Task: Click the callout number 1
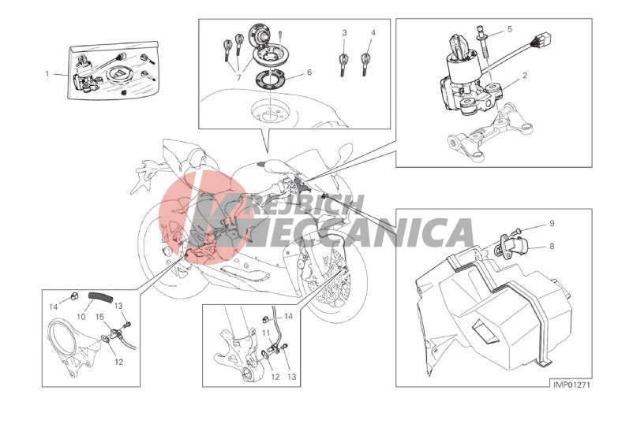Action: [x=47, y=74]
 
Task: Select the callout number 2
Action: [x=524, y=75]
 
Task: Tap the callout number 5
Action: [x=509, y=29]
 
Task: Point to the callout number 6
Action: [x=309, y=72]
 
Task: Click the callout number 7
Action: [x=238, y=78]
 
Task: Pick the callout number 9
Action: [x=552, y=223]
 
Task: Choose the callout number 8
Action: [x=552, y=246]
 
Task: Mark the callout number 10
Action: [x=81, y=317]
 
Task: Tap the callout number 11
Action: [x=266, y=333]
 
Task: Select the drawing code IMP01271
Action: [x=571, y=385]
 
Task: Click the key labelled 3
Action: [x=343, y=64]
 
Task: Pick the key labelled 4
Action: [x=365, y=64]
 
